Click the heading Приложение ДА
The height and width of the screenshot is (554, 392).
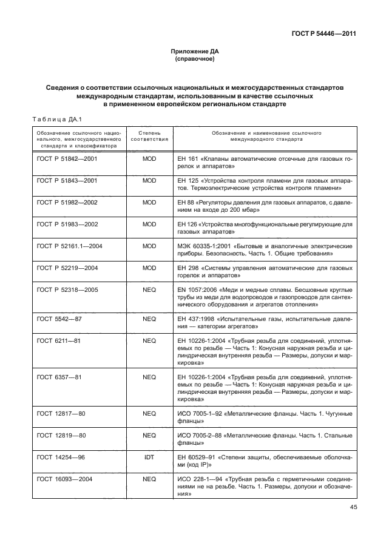(x=195, y=53)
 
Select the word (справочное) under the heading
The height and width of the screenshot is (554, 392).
(x=195, y=60)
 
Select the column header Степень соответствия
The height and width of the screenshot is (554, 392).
(x=149, y=135)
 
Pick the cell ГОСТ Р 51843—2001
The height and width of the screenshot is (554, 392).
(x=67, y=180)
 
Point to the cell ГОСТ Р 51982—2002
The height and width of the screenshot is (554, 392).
(x=67, y=202)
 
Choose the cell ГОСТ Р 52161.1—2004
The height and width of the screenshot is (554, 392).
(x=70, y=246)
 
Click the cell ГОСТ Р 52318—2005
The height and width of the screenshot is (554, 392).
(x=67, y=290)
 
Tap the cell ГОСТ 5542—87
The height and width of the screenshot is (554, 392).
(x=59, y=318)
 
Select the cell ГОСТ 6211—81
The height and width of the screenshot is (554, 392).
(x=59, y=342)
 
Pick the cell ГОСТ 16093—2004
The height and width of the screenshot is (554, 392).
(x=64, y=479)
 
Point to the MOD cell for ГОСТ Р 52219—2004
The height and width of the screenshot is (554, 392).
(x=149, y=268)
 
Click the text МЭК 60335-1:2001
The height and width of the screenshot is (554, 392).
(x=202, y=246)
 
